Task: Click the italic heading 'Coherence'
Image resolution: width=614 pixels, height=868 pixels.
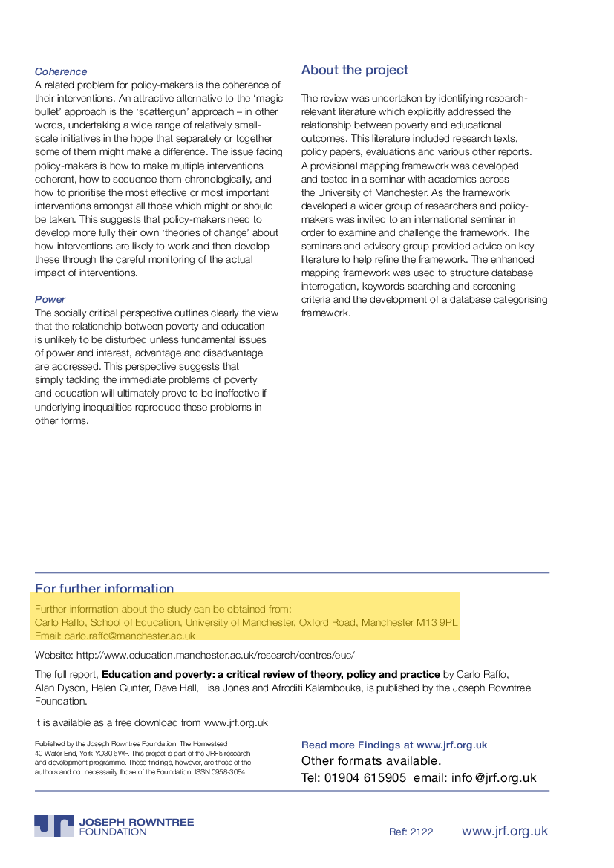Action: coord(61,72)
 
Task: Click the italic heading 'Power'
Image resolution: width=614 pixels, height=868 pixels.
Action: coord(50,300)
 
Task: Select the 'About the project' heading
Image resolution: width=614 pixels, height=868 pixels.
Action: coord(354,71)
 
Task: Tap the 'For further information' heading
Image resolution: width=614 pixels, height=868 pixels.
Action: coord(104,589)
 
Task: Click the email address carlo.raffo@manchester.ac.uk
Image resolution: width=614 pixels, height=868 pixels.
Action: coord(130,636)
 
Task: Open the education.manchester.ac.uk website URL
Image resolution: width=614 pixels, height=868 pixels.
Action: coord(215,655)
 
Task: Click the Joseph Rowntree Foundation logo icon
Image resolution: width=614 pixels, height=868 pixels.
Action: coord(54,826)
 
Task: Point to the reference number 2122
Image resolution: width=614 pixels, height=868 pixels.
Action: coord(422,832)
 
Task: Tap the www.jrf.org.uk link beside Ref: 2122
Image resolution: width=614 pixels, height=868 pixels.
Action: coord(505,831)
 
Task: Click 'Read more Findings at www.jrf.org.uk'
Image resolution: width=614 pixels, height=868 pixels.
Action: coord(394,745)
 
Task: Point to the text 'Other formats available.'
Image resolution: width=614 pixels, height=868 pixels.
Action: coord(371,761)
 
